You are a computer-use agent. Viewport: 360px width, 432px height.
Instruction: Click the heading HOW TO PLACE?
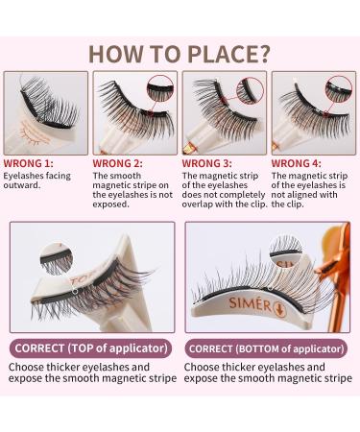tap(180, 51)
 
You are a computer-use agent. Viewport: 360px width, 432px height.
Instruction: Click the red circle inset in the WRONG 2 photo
tap(161, 90)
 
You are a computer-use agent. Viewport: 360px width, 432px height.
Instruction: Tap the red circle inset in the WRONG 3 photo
tap(250, 90)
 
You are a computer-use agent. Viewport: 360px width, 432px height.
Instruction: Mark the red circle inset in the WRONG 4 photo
tap(339, 90)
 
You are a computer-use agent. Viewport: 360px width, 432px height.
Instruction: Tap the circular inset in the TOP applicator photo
tap(53, 258)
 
